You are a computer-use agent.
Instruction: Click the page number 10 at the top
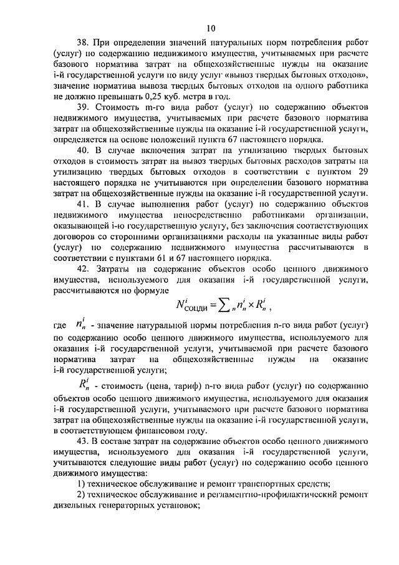tap(212, 27)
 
